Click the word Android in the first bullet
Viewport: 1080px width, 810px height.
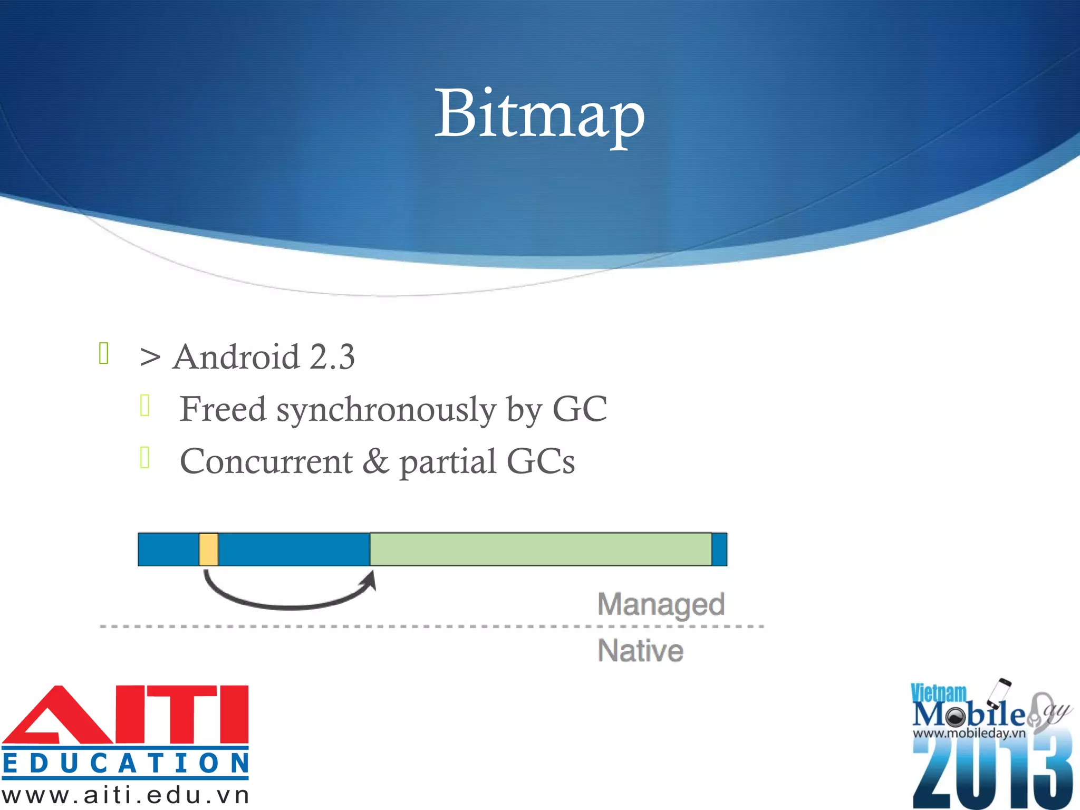(x=236, y=357)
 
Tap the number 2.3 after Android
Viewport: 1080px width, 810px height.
(x=332, y=357)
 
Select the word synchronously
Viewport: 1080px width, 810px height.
(x=386, y=410)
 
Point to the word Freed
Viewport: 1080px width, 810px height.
(x=223, y=409)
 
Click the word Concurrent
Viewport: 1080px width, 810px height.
(x=266, y=461)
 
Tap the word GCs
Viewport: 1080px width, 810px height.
(x=541, y=461)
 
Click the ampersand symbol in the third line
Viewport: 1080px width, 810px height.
(x=375, y=461)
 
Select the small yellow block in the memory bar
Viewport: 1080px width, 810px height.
(x=209, y=549)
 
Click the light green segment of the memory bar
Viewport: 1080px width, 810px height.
(x=541, y=549)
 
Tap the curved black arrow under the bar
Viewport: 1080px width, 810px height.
(x=289, y=601)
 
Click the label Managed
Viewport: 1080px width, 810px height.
(x=661, y=604)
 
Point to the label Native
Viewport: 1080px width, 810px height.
(x=640, y=651)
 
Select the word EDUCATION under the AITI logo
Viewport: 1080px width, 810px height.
(x=126, y=764)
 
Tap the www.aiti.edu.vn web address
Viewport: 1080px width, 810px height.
(x=126, y=795)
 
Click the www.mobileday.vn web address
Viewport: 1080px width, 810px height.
(x=969, y=733)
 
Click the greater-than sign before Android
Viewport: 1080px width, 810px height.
(x=150, y=358)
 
